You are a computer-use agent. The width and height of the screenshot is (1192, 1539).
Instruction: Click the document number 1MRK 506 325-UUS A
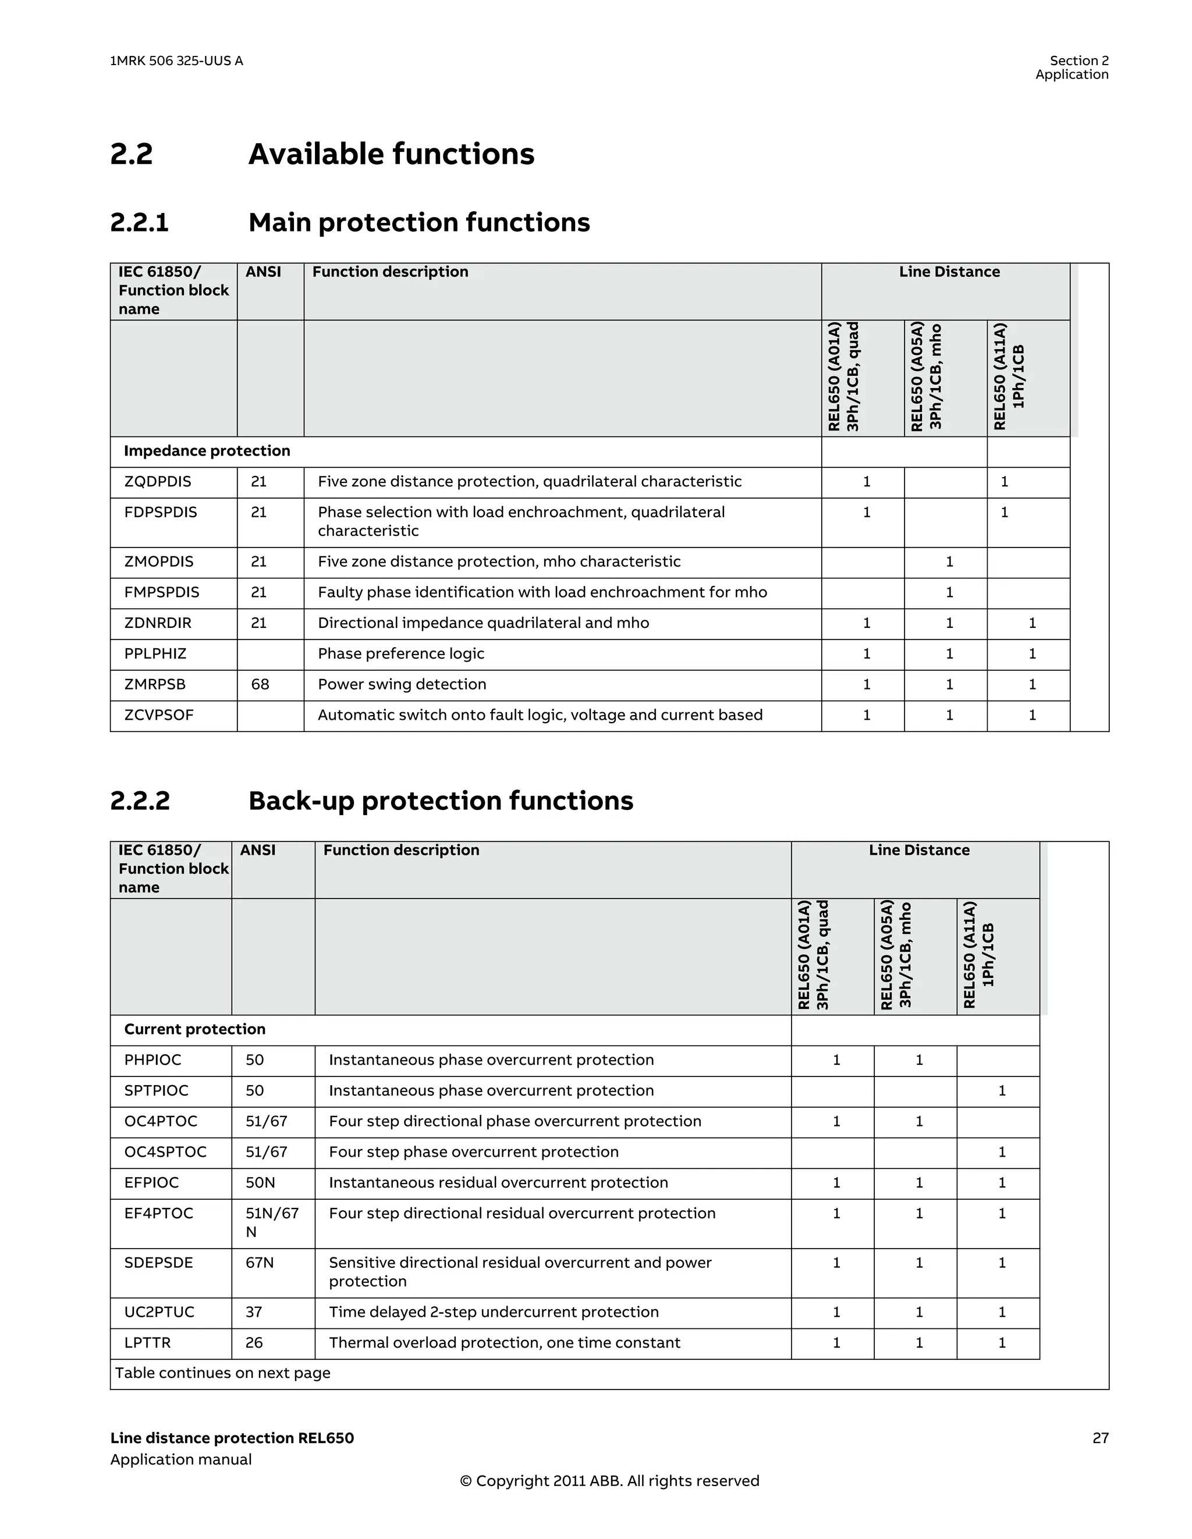coord(176,61)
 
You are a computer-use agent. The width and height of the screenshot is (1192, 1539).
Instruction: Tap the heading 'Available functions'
coord(391,154)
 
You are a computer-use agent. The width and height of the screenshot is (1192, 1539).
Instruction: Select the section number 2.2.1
coord(140,223)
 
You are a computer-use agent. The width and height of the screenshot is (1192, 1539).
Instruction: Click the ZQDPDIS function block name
coord(157,481)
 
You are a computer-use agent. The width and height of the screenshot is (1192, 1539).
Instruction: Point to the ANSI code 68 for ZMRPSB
coord(260,684)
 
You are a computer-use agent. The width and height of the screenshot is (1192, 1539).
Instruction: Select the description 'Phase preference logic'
coord(400,653)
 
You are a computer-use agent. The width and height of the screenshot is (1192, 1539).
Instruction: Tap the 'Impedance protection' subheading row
coord(207,451)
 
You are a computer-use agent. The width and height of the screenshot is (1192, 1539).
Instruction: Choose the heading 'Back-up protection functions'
coord(441,801)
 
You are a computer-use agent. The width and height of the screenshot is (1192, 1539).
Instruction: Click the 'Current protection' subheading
coord(194,1029)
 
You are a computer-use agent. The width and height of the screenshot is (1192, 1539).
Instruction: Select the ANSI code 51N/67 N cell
coord(271,1222)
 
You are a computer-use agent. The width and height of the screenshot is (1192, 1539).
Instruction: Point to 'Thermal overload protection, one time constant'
coord(504,1342)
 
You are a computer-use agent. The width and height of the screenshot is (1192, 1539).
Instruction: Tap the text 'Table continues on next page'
coord(223,1373)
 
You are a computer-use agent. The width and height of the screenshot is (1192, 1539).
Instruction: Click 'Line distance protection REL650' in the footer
coord(232,1438)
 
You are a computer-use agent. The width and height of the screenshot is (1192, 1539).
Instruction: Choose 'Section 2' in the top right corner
coord(1079,61)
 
